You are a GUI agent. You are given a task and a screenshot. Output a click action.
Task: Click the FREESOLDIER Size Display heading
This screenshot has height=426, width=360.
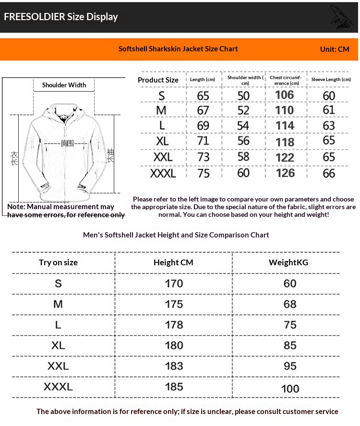tap(61, 17)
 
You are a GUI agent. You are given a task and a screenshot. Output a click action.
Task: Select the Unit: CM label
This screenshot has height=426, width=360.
tap(335, 49)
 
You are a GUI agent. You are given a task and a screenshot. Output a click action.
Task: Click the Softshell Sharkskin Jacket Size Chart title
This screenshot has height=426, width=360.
tap(178, 49)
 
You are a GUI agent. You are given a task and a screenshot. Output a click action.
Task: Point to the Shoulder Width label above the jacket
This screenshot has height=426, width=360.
tap(64, 85)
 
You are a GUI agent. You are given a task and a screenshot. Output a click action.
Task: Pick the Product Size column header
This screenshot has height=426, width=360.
tap(158, 80)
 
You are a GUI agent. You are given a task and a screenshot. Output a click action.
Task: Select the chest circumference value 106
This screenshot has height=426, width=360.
tap(284, 95)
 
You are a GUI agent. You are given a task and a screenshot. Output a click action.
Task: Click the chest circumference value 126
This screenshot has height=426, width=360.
tap(285, 173)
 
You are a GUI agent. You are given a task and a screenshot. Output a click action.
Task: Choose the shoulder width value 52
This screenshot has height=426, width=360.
tap(244, 111)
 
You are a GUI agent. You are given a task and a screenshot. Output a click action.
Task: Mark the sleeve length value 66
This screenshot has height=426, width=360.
tap(329, 173)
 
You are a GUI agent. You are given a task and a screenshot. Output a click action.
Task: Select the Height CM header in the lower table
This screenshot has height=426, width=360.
tap(173, 262)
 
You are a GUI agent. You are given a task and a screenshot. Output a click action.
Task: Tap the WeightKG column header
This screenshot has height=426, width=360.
tap(288, 262)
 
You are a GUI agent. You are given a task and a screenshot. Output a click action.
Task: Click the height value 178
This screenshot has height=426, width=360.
tap(174, 325)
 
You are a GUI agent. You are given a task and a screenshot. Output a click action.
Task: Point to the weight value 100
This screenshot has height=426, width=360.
tap(290, 389)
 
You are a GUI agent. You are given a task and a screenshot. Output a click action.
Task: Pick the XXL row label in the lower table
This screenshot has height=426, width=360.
tap(58, 366)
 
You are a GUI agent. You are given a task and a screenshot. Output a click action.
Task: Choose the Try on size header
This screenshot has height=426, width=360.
tap(58, 262)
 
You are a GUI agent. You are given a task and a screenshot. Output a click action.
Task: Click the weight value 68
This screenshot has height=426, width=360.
tap(290, 304)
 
